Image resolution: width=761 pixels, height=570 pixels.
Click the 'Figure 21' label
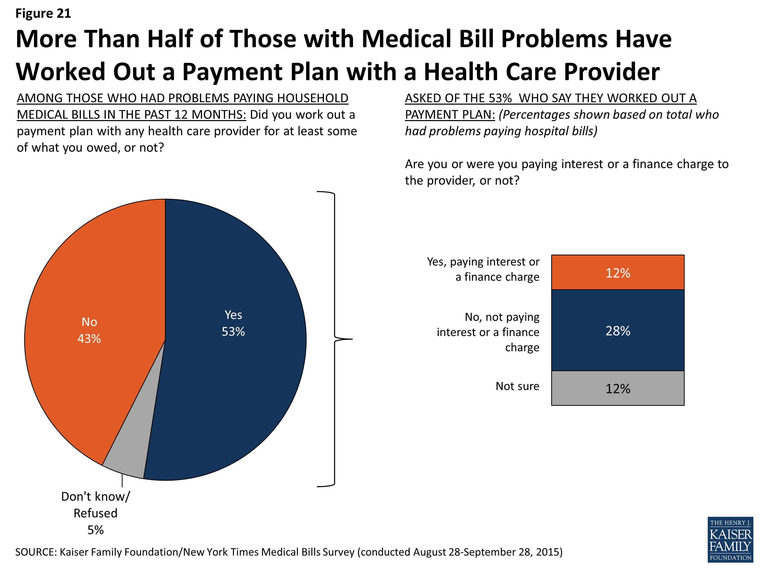[x=43, y=13]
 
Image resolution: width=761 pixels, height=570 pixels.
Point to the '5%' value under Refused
[x=95, y=530]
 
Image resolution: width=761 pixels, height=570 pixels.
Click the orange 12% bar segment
[x=617, y=272]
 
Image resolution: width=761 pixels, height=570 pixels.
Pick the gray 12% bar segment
[x=617, y=388]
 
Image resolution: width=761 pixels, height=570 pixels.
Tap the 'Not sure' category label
[x=517, y=386]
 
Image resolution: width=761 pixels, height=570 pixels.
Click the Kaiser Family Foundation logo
[x=730, y=539]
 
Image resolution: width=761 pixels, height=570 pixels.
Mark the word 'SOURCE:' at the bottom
[x=36, y=552]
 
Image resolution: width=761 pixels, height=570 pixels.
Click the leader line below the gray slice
[x=122, y=480]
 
